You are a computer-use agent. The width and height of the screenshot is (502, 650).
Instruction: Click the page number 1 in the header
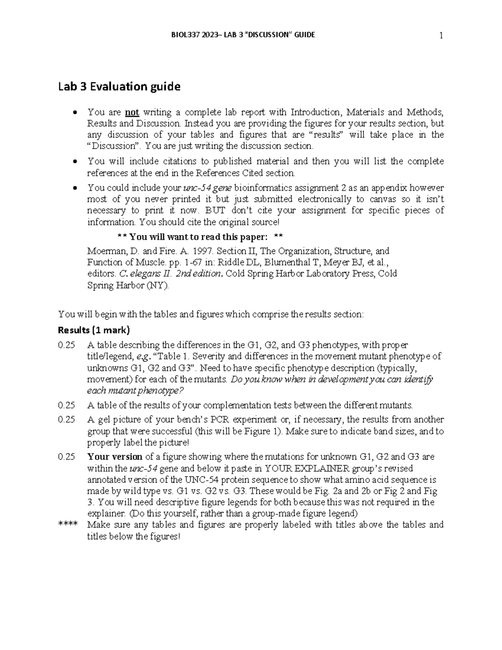tap(441, 36)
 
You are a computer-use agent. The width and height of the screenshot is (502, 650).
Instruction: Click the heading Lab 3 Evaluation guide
tap(119, 87)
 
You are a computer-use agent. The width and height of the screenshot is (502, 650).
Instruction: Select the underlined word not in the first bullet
tap(132, 112)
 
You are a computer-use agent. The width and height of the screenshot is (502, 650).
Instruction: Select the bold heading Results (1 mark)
tap(94, 330)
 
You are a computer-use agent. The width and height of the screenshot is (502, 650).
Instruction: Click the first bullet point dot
tap(74, 113)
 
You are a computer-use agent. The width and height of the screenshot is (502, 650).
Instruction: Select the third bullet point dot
tap(74, 188)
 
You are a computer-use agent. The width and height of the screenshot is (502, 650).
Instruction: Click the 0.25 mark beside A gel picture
tap(67, 420)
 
